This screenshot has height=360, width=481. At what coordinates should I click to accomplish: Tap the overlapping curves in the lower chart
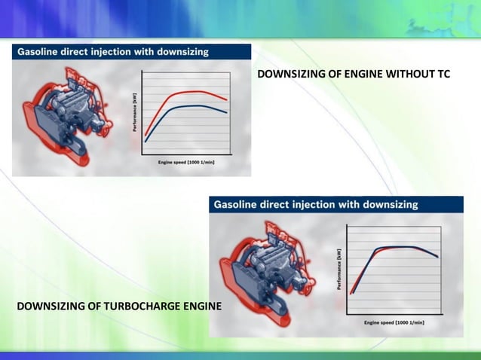pyautogui.click(x=400, y=247)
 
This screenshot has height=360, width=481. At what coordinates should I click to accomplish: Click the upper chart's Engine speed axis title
pyautogui.click(x=185, y=161)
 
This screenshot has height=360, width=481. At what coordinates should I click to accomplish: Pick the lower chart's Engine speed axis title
pyautogui.click(x=394, y=322)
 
